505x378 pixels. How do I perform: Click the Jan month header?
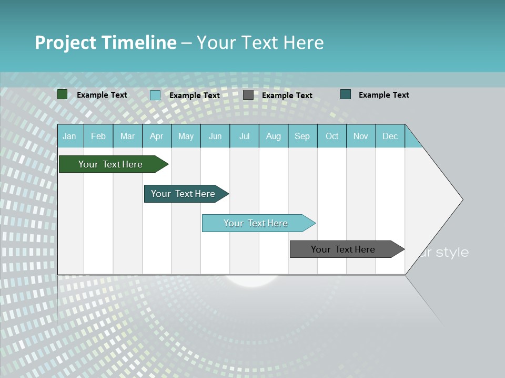coord(70,136)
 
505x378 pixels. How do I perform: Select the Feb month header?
coord(98,136)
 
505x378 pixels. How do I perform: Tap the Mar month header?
coord(127,136)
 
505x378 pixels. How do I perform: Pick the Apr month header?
coord(157,136)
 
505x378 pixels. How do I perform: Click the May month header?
coord(186,136)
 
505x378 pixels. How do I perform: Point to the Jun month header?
coord(215,136)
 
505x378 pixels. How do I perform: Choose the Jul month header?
coord(244,136)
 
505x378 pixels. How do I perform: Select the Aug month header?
coord(274,136)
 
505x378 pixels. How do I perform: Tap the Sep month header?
coord(302,136)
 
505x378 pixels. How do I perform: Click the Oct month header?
coord(332,136)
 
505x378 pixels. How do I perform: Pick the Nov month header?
coord(361,136)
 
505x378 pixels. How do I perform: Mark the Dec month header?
coord(390,136)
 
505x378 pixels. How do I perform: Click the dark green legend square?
coord(62,94)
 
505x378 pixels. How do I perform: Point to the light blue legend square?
coord(155,95)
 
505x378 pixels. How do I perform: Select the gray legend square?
coord(248,95)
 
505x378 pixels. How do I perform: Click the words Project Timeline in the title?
coord(105,43)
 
